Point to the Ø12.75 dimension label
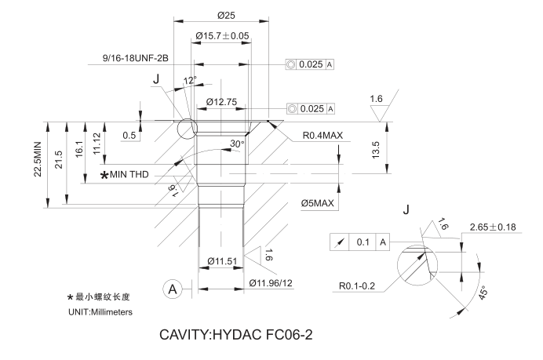pyautogui.click(x=222, y=101)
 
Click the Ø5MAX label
pyautogui.click(x=318, y=204)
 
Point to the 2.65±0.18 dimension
pyautogui.click(x=492, y=227)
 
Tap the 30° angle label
pyautogui.click(x=236, y=144)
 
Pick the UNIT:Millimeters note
pyautogui.click(x=101, y=312)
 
